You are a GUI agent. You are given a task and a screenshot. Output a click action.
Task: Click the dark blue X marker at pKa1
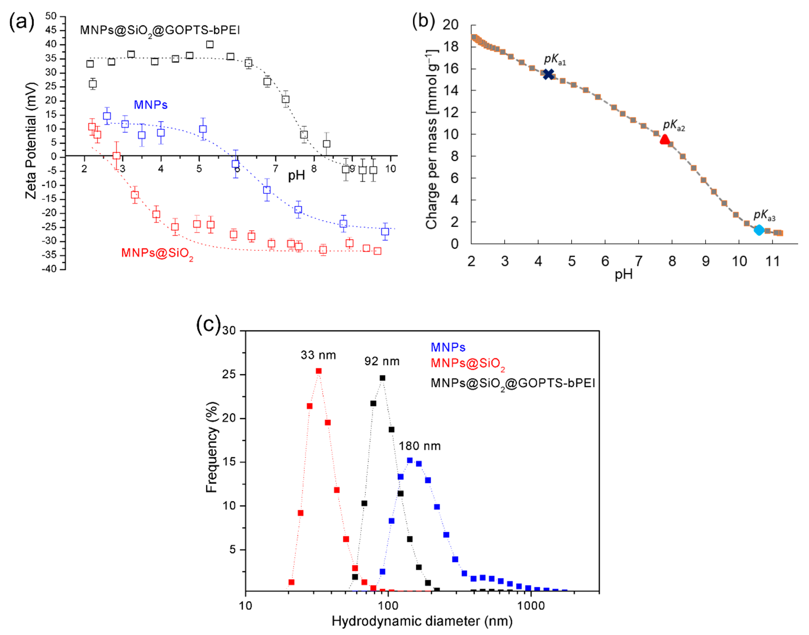pos(548,74)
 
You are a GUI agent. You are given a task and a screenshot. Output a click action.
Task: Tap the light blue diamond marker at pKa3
pos(759,230)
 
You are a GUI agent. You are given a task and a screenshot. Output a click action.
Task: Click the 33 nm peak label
pos(318,355)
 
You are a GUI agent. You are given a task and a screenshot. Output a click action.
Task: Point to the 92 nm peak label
pos(382,361)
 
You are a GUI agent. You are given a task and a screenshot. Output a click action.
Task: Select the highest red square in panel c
pos(319,371)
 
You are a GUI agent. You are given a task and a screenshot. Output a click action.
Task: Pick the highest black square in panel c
pos(382,378)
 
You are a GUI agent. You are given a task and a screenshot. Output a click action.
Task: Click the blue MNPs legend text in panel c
pos(448,347)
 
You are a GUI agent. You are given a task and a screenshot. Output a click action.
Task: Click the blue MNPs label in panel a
pos(150,105)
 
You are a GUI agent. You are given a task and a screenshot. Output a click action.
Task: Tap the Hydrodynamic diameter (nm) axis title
pos(422,621)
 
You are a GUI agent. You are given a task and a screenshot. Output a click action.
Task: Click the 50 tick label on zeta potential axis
pos(51,16)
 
